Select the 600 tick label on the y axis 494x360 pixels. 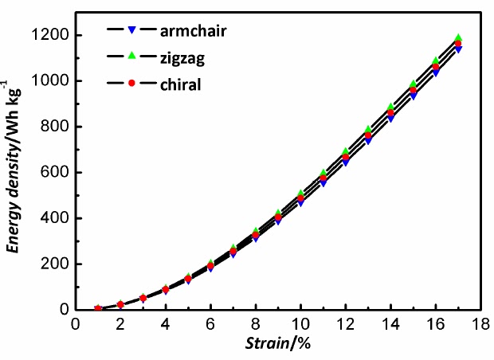click(x=57, y=173)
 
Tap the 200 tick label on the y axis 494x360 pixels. click(x=57, y=264)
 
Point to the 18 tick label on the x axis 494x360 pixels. click(x=480, y=323)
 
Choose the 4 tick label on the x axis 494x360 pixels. click(x=165, y=323)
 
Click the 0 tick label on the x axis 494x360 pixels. click(x=76, y=323)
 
